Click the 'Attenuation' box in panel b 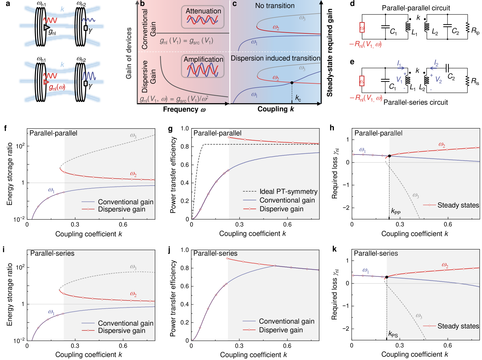coord(203,17)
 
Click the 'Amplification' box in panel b coord(203,66)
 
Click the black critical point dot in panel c coord(292,83)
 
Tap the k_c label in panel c coord(298,98)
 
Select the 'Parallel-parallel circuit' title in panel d coord(416,8)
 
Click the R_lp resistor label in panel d coord(475,30)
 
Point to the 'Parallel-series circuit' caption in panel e coord(416,102)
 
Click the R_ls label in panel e coord(475,81)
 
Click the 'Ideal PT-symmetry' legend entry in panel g coord(288,192)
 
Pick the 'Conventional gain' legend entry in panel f coord(125,202)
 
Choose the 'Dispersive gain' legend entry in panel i coord(121,330)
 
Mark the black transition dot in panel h coord(389,156)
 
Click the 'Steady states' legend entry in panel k coord(458,326)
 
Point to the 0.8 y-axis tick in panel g coord(185,147)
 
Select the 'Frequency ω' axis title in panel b coord(184,109)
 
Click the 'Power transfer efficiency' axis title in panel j coord(173,298)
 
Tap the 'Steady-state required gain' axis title coord(330,53)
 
